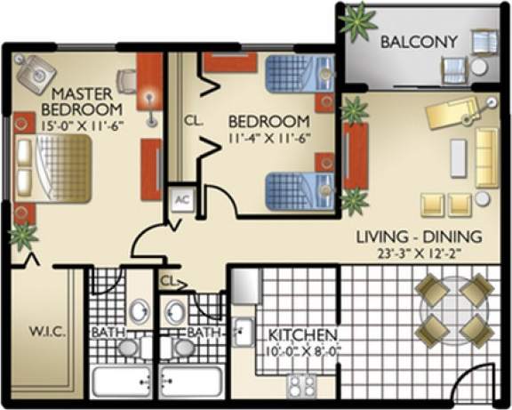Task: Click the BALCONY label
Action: point(418,42)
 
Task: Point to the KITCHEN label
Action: point(302,334)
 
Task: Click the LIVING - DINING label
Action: point(418,237)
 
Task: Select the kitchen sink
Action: point(241,333)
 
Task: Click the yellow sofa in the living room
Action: point(486,157)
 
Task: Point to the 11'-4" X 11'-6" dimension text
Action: point(268,139)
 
